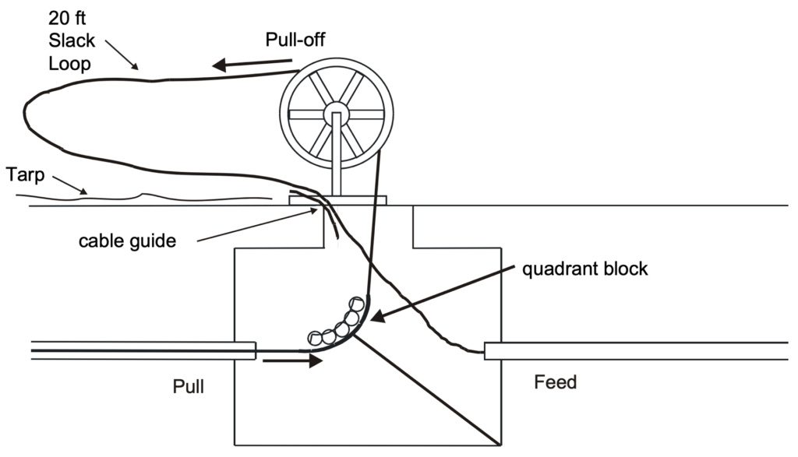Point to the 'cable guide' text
pos(127,240)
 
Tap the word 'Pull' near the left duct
pos(189,386)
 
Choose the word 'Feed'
pos(555,382)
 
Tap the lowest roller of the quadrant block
pos(314,338)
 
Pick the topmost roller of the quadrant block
pos(356,303)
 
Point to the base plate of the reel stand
pos(337,199)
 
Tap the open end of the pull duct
pos(253,350)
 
